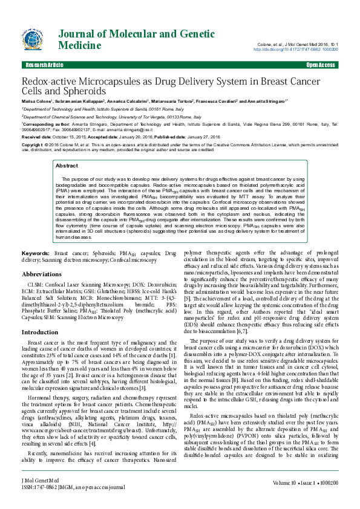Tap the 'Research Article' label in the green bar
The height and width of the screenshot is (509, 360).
[x=44, y=65]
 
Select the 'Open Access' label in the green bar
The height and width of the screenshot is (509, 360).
[x=321, y=65]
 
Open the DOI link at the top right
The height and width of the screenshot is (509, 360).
[x=304, y=50]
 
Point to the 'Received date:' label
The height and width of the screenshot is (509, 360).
[x=36, y=137]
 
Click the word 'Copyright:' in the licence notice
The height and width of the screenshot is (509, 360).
[x=33, y=145]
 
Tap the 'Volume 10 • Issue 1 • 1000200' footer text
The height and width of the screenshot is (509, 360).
[x=306, y=499]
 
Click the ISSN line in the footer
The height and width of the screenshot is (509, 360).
[x=73, y=503]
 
